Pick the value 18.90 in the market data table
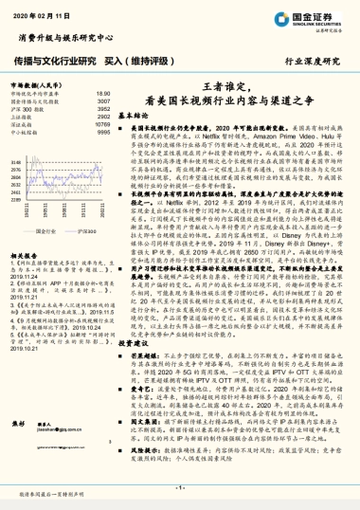pos(103,94)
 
